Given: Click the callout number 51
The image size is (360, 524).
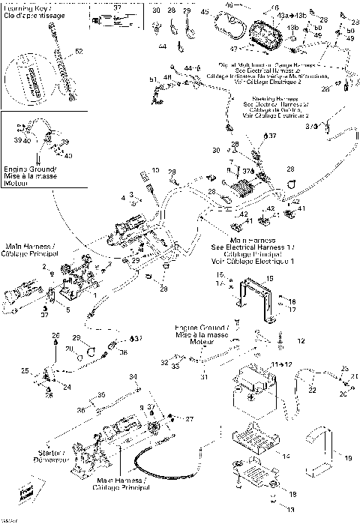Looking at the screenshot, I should [x=153, y=79].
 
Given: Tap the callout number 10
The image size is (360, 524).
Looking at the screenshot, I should [x=155, y=170].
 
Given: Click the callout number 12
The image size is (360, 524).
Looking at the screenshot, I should [x=301, y=340].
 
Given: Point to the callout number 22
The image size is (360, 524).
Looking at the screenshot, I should [x=311, y=390].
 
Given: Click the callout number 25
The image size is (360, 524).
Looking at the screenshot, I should [x=25, y=370].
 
